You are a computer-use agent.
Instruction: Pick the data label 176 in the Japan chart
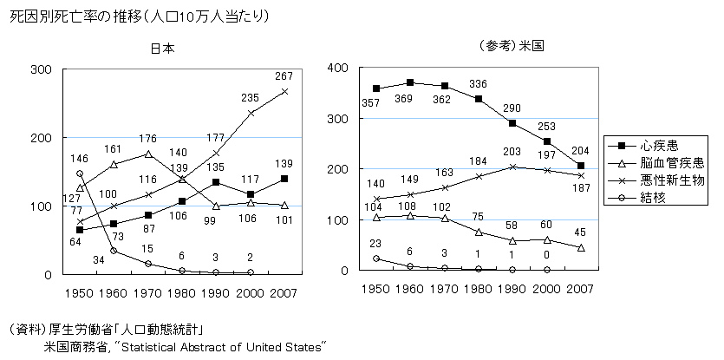pos(149,137)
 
